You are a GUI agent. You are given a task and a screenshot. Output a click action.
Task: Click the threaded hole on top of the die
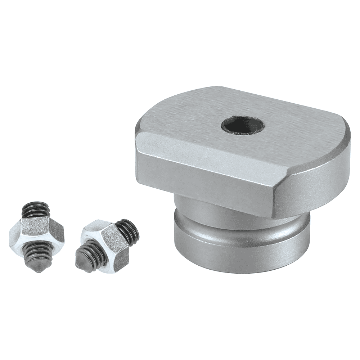click(242, 126)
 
